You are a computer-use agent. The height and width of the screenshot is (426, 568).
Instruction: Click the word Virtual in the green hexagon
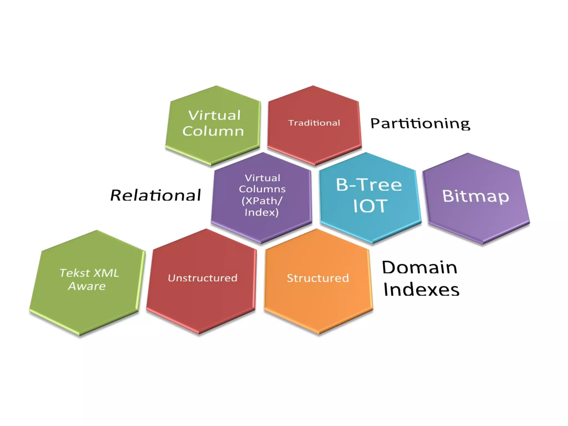[x=214, y=115]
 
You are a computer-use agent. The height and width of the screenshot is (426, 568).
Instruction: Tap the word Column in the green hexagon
[x=213, y=131]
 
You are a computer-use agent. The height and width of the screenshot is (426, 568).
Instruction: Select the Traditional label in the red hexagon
[x=314, y=123]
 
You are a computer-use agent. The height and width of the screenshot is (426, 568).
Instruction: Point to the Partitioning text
[x=420, y=123]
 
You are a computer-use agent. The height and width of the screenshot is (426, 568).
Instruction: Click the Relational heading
[x=156, y=195]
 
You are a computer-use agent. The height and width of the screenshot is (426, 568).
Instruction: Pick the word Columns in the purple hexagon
[x=262, y=189]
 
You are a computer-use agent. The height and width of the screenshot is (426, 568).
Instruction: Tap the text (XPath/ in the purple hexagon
[x=262, y=201]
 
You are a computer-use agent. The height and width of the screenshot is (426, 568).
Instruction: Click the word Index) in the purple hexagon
[x=261, y=212]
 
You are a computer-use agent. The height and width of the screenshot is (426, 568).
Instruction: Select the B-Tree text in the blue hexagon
[x=369, y=185]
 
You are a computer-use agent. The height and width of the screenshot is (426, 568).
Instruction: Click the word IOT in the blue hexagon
[x=370, y=206]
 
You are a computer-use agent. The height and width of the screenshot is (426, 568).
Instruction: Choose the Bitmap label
[x=475, y=196]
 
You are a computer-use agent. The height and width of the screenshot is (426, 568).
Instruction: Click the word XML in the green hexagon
[x=106, y=273]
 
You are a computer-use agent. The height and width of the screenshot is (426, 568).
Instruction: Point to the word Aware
[x=87, y=286]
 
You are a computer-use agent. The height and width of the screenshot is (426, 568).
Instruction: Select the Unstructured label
[x=202, y=278]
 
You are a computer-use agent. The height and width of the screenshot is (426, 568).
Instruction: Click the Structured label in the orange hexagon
[x=318, y=278]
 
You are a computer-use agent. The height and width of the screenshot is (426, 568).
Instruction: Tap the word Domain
[x=419, y=267]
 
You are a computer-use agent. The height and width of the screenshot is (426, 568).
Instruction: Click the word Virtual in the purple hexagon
[x=262, y=178]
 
